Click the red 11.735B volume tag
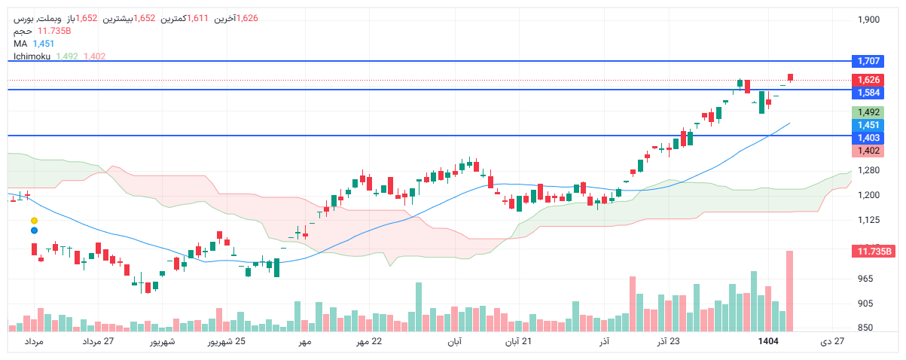coord(873,252)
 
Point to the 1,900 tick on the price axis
coord(868,20)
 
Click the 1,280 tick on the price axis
coord(868,170)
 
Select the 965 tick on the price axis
coord(865,279)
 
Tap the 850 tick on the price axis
coord(865,328)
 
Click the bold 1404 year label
coord(768,342)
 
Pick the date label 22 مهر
coord(368,342)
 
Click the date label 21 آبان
coord(518,342)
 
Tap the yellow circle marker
coord(34,220)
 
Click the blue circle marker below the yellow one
coord(34,229)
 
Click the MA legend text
coord(20,44)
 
